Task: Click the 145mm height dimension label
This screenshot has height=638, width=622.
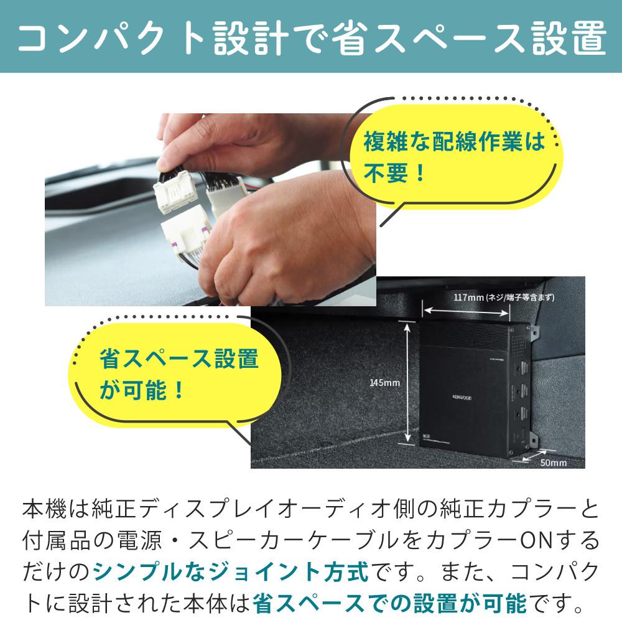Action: [384, 382]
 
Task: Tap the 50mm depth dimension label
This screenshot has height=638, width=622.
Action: [554, 462]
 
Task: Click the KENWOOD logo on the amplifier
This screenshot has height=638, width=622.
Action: [462, 398]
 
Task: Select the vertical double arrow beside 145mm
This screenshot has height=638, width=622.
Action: [407, 382]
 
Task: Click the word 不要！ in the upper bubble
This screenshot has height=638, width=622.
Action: [394, 173]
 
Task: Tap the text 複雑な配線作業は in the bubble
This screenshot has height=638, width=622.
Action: [454, 141]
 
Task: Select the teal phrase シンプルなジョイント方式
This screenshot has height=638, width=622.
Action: [231, 571]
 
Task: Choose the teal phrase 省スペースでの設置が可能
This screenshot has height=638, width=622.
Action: [389, 603]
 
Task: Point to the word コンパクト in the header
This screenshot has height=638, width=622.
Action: [111, 38]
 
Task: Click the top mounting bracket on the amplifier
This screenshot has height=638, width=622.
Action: [534, 332]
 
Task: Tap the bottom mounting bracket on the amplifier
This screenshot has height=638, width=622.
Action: [534, 441]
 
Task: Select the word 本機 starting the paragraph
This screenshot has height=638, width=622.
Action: [45, 509]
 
